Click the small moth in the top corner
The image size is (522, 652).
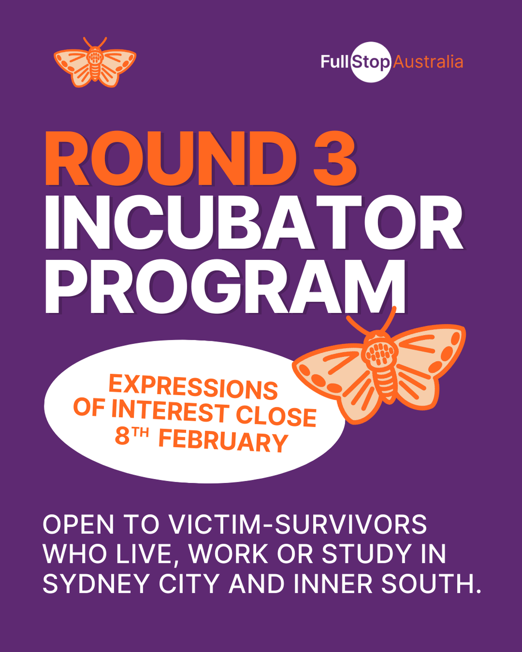pos(95,63)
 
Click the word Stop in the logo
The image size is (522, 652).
pos(371,63)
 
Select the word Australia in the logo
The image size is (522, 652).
pos(428,62)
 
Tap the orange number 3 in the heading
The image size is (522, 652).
pos(335,158)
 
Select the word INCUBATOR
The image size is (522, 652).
pos(254,223)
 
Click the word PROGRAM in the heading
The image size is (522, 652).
pos(225,286)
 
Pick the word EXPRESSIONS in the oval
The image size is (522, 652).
pos(193,386)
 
